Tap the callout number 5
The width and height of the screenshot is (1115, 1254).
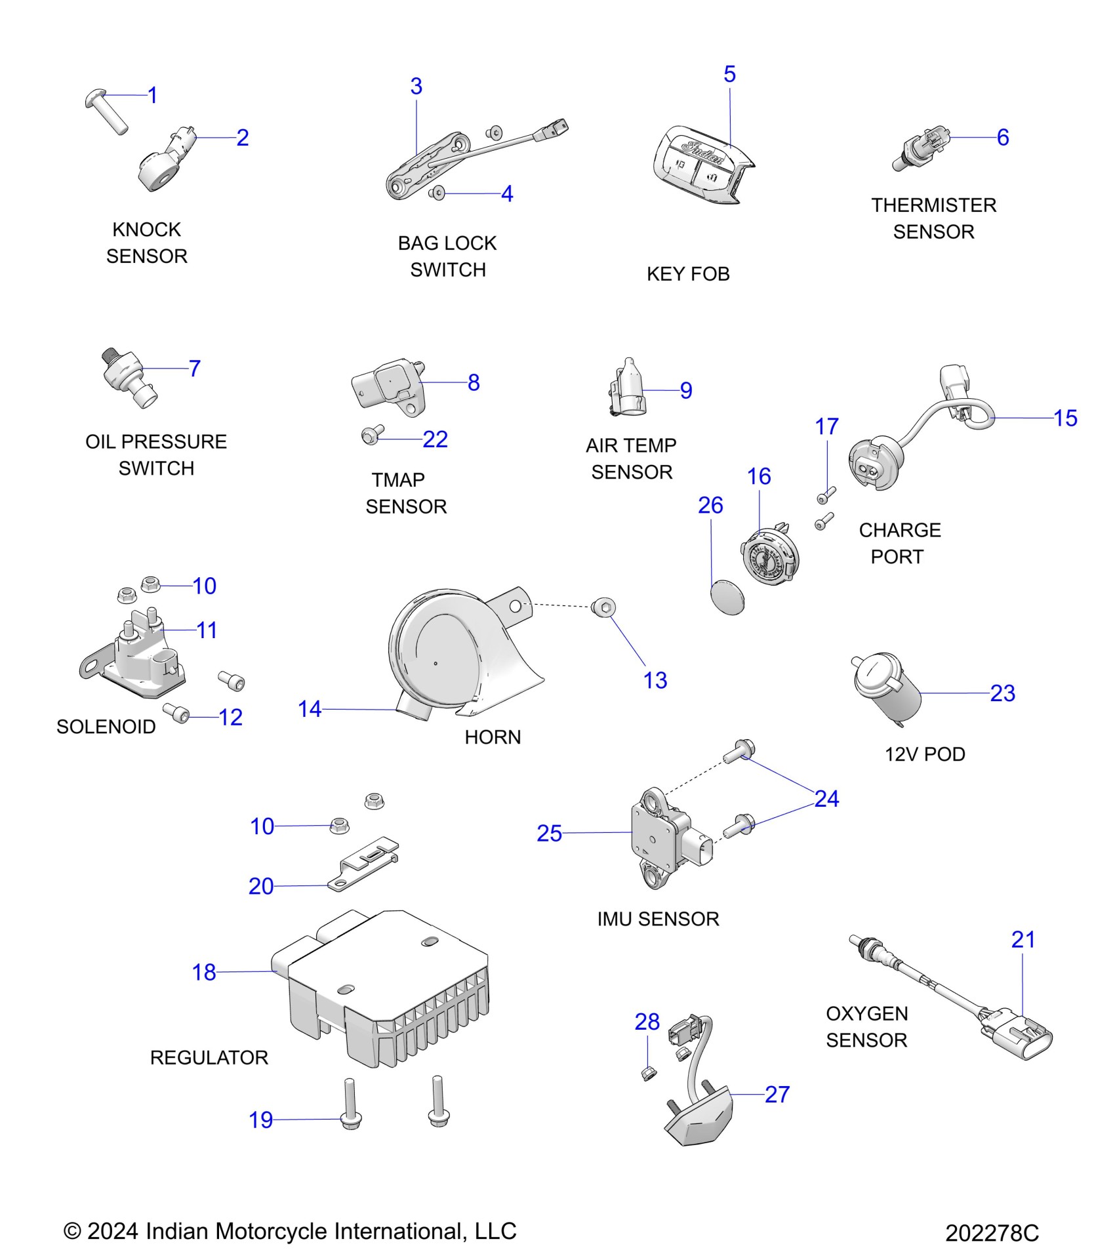[729, 74]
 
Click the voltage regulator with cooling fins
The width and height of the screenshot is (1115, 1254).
[387, 984]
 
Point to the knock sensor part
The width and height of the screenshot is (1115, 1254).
[164, 161]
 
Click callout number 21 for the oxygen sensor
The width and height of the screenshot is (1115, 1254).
[1023, 939]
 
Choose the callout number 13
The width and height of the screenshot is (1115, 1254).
[655, 680]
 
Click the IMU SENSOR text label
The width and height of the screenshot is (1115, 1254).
[658, 919]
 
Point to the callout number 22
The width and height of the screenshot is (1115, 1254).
[435, 439]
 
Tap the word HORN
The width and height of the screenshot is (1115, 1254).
[493, 737]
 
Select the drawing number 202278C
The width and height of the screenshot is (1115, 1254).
[992, 1233]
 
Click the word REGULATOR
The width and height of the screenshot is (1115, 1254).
[209, 1057]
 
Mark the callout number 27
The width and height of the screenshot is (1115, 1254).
[777, 1094]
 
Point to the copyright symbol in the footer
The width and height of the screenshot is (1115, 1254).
[71, 1231]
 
